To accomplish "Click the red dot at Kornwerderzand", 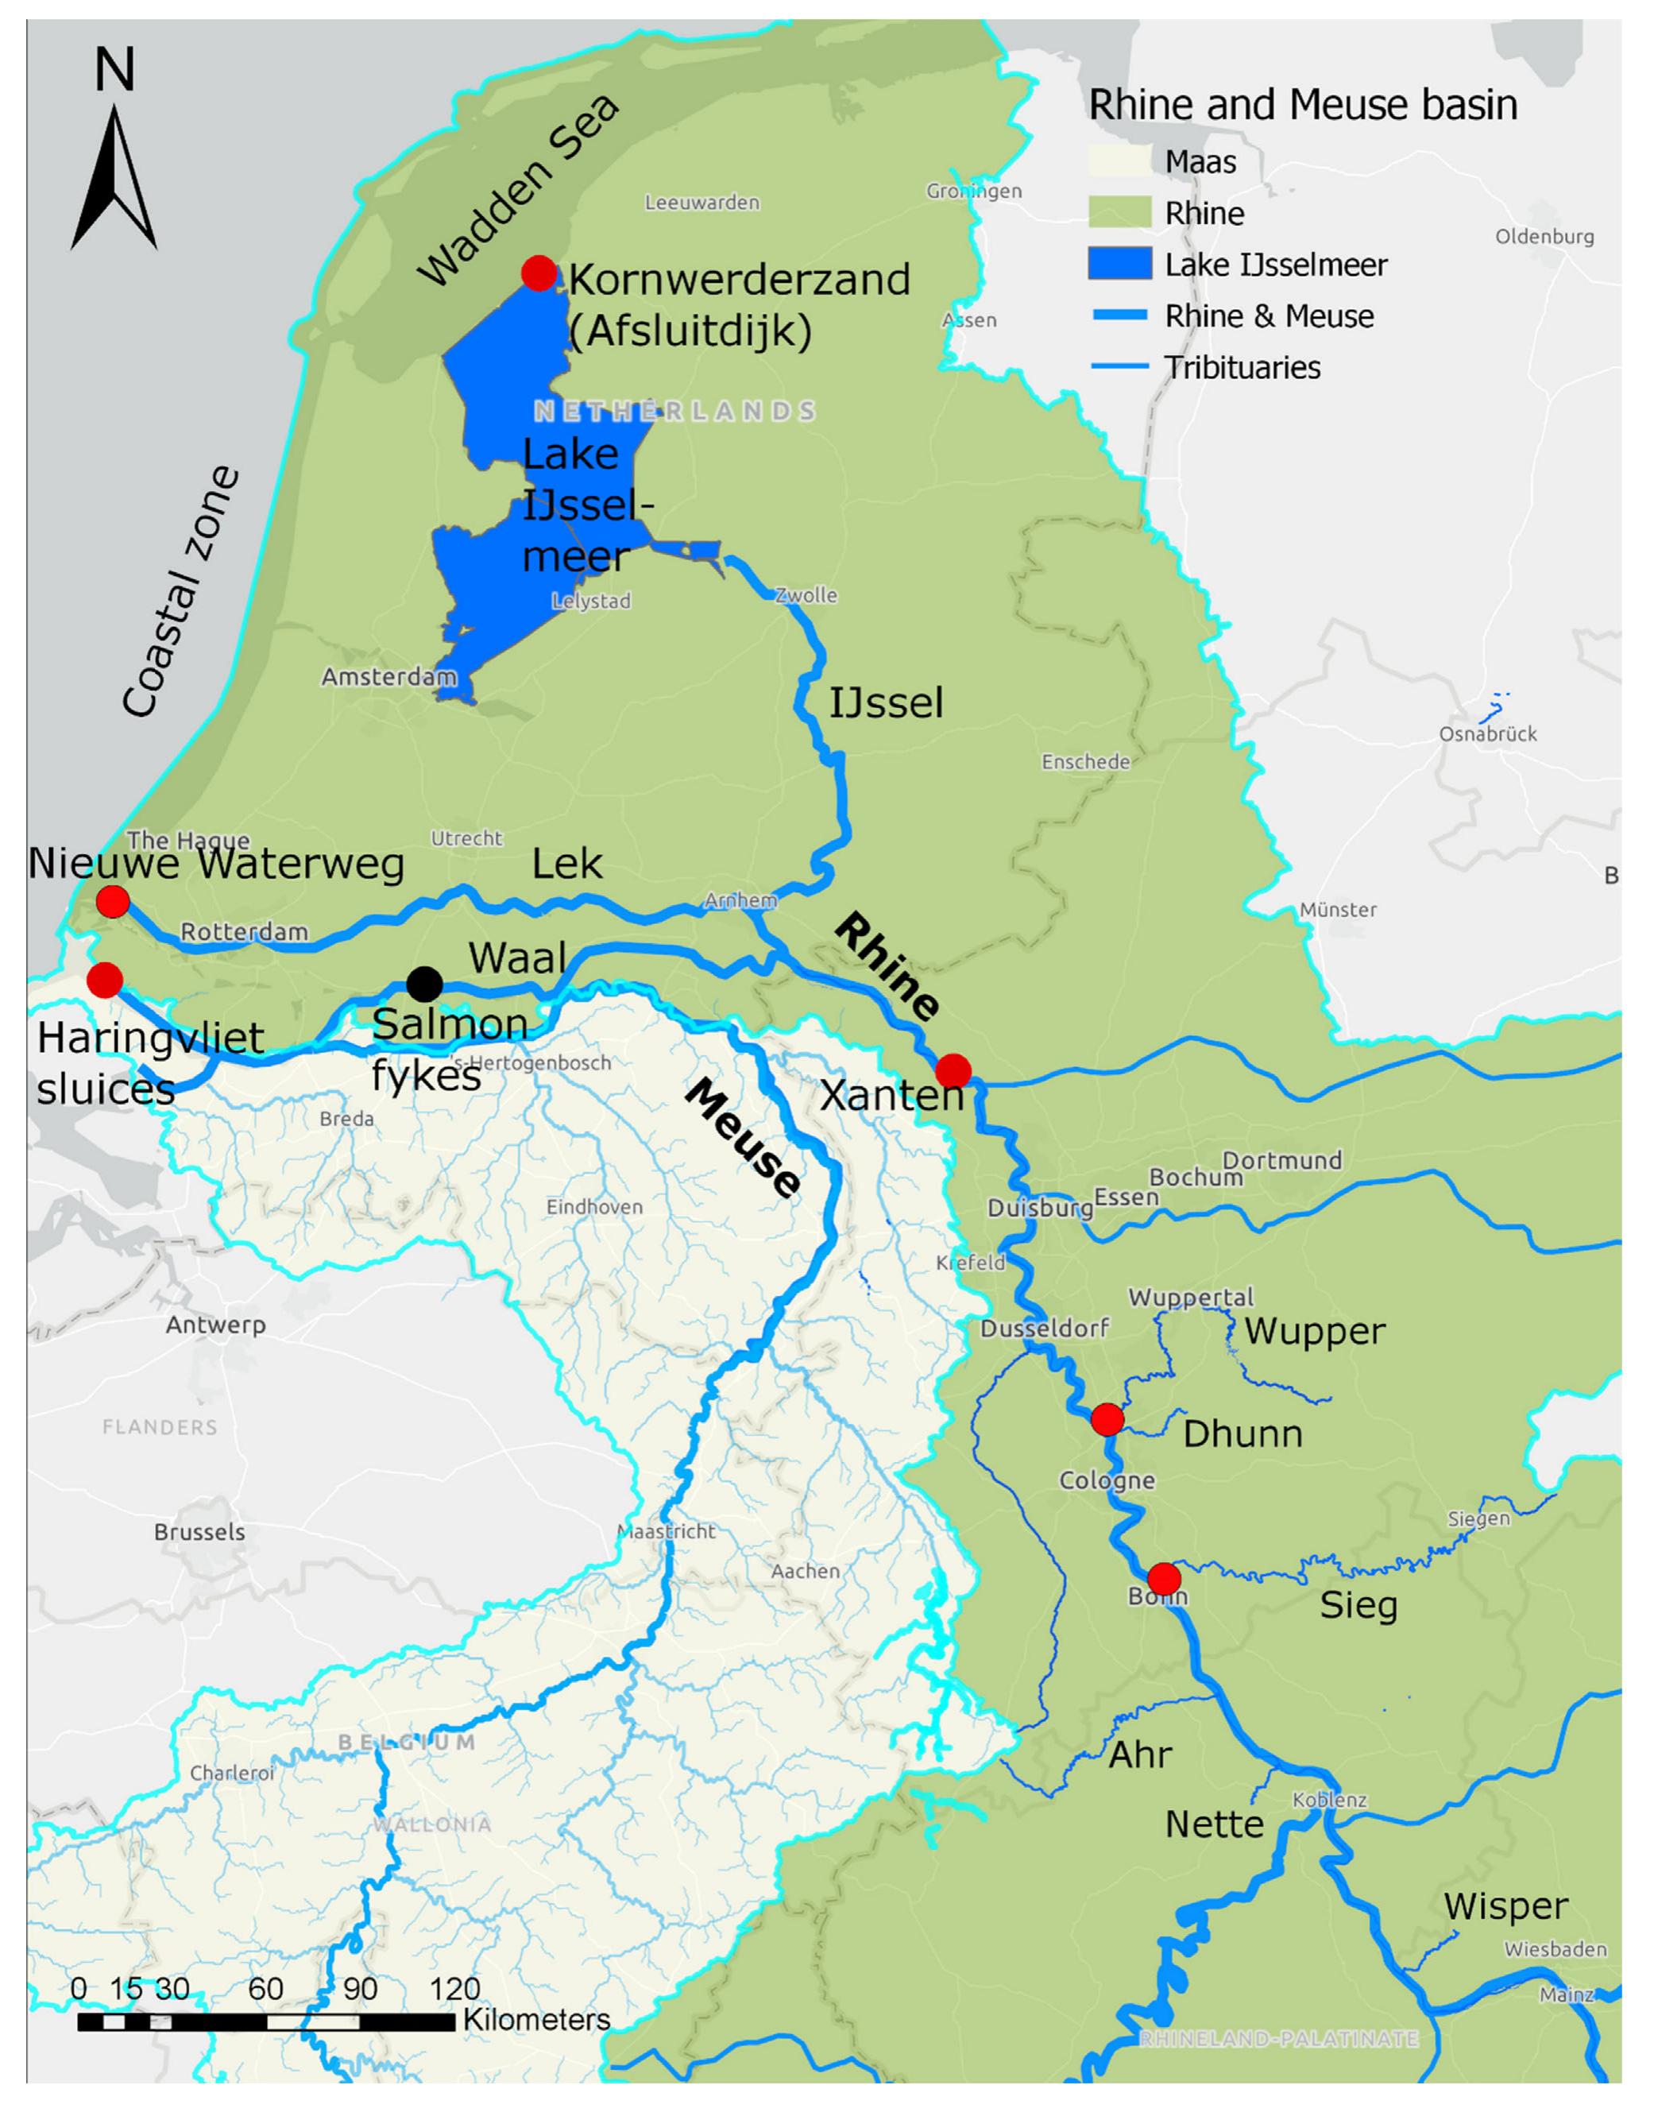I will pos(539,273).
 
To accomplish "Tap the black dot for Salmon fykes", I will pos(424,985).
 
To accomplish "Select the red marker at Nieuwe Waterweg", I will pos(113,902).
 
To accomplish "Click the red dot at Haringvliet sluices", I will pos(105,980).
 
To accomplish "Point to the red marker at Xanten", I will pos(953,1070).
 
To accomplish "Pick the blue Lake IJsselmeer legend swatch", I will pos(1119,264).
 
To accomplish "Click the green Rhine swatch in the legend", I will pos(1119,213).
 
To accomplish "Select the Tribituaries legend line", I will pos(1119,367).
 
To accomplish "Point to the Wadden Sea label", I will pos(517,191).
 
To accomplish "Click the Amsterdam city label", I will pos(388,676).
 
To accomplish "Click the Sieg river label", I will pos(1358,1606).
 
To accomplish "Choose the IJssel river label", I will pos(885,702).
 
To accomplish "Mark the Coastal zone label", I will pos(180,592).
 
